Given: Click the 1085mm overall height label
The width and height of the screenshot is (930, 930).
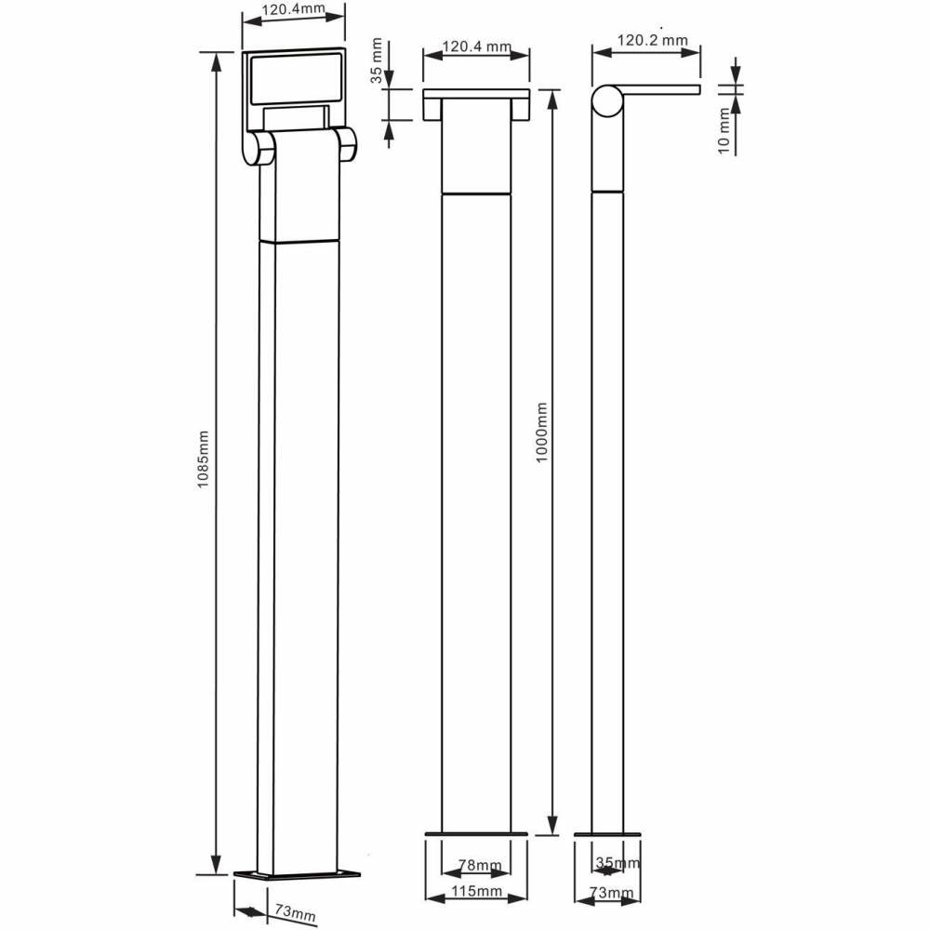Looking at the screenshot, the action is click(x=204, y=459).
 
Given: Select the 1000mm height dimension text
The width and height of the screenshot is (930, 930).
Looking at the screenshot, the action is click(x=541, y=433).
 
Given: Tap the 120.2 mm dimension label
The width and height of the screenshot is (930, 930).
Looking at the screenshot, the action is click(x=653, y=40).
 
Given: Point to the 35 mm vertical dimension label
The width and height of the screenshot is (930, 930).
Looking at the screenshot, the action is click(x=376, y=60).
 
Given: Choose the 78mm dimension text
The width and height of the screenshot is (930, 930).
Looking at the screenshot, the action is click(x=480, y=865).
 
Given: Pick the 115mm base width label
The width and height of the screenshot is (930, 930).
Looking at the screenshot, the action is click(x=477, y=892).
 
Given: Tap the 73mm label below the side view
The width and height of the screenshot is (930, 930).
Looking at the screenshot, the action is click(x=611, y=893).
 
